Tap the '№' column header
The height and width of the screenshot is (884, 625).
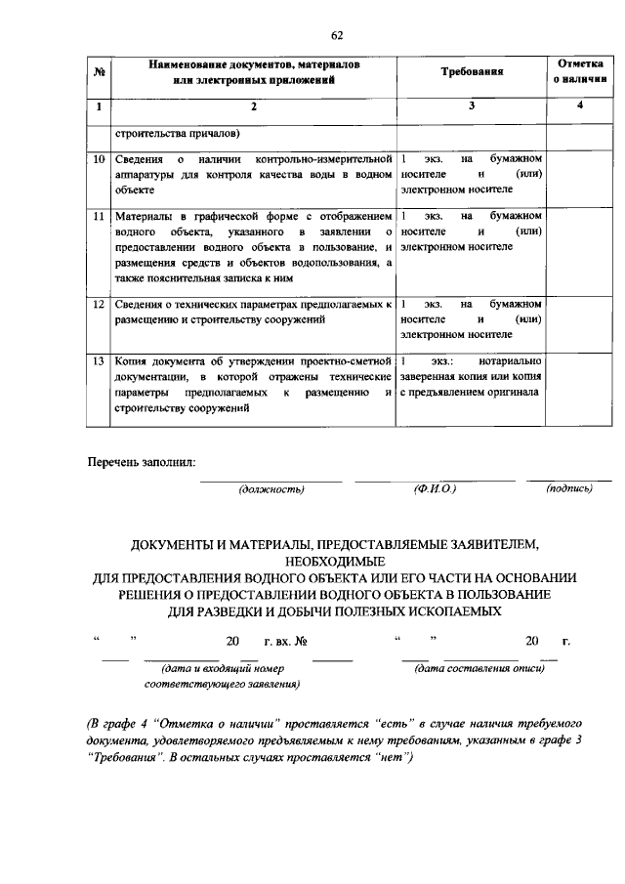[98, 72]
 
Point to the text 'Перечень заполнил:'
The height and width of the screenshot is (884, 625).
[144, 461]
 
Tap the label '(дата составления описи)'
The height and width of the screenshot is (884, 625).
[476, 669]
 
